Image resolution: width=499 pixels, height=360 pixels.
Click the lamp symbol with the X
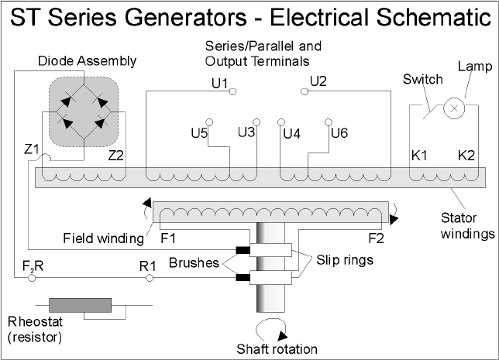tap(453, 110)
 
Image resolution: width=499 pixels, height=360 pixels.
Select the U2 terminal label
tap(318, 81)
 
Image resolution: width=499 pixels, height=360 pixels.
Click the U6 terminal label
tap(339, 133)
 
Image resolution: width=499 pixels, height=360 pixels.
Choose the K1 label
tap(419, 156)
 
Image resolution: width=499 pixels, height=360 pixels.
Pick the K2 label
tap(465, 156)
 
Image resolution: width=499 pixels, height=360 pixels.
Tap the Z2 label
tap(116, 156)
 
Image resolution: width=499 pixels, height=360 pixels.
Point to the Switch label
tap(423, 79)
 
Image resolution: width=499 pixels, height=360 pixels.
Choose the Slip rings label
tap(346, 260)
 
